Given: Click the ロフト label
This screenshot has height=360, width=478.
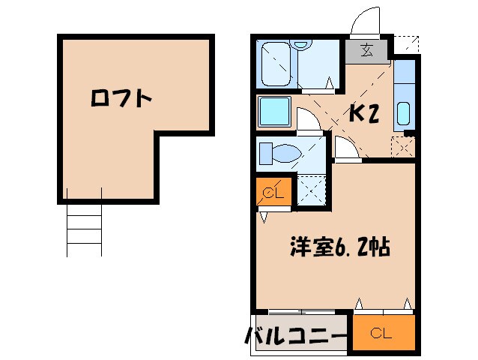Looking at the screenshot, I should click(x=121, y=98).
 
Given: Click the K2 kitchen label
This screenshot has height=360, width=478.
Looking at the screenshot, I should click(x=364, y=112).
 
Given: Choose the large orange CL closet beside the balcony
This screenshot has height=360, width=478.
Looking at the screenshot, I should click(x=382, y=332).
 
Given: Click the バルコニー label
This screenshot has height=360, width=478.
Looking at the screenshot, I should click(x=295, y=335).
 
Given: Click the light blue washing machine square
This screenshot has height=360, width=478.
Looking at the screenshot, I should click(x=274, y=112).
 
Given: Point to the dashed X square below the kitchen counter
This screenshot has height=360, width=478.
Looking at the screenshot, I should click(x=402, y=146).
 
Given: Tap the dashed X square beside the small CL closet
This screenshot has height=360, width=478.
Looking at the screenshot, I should click(x=312, y=189).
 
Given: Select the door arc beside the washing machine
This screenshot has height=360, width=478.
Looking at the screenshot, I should click(x=308, y=120).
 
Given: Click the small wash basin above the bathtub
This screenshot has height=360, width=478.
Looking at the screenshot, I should click(x=302, y=44).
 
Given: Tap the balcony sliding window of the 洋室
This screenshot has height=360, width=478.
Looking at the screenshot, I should click(x=300, y=310).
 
